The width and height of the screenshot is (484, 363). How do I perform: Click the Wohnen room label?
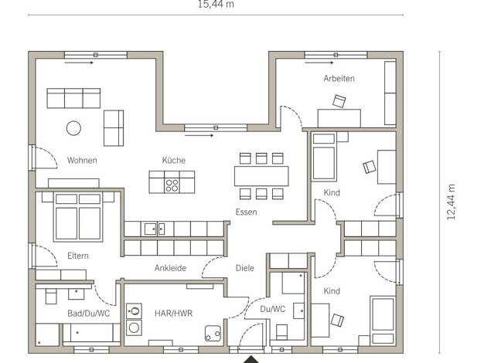pos(82,161)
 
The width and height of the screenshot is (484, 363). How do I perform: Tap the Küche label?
pos(174,161)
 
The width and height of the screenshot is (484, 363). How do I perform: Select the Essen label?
pos(247,212)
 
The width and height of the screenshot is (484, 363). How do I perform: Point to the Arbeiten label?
pos(339,78)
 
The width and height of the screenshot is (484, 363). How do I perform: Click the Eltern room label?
pos(78,256)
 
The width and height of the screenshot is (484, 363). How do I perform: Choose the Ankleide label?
pos(170,268)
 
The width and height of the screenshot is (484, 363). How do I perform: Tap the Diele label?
pos(245,268)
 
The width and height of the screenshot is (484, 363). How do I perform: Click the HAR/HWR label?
pos(173,314)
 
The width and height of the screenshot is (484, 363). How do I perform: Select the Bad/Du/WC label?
pos(89,314)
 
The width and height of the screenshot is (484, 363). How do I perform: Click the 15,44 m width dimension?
pos(216,5)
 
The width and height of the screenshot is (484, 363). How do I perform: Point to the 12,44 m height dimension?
pos(452,202)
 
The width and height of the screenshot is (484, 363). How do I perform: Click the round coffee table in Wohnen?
pos(73,128)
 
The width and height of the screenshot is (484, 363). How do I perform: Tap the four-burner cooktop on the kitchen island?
pos(172,185)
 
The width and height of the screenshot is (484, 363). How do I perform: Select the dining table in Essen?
pos(261,176)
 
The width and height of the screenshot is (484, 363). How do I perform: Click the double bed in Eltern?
pos(78,216)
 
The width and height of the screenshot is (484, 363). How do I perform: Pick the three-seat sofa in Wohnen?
pos(73,98)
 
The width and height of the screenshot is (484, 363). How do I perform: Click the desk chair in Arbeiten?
pos(339,101)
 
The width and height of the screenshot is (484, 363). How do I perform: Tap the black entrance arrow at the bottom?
pos(251,360)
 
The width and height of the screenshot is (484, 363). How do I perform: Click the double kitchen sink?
pos(155,229)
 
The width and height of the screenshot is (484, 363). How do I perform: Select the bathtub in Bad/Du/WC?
pos(92,333)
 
